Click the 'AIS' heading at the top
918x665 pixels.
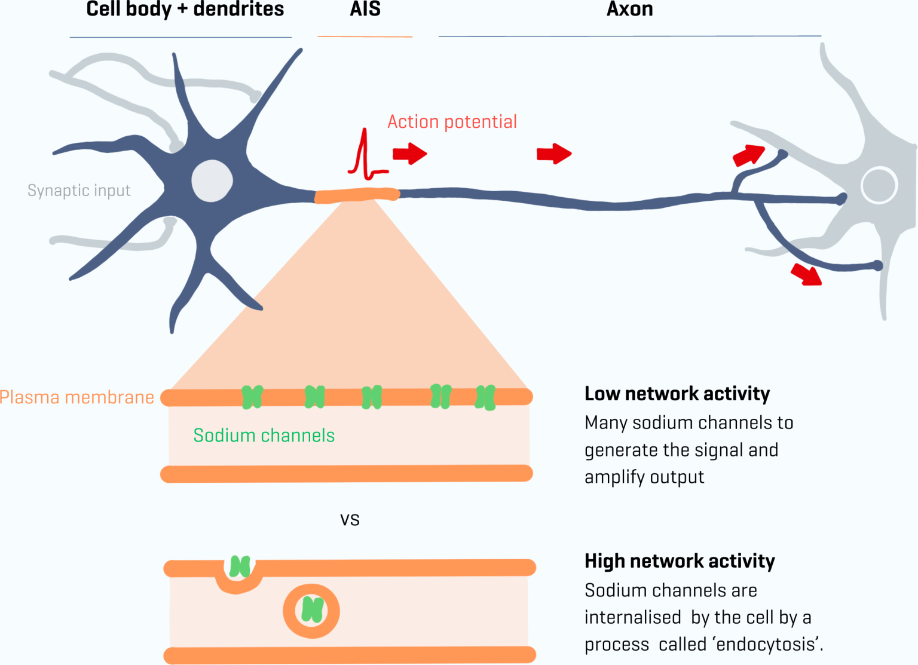pos(365,9)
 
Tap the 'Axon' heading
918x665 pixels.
pos(629,9)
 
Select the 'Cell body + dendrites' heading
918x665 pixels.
pos(185,9)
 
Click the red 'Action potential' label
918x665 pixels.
pos(452,122)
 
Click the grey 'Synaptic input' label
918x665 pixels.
pos(79,191)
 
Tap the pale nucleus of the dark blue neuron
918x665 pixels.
pos(212,180)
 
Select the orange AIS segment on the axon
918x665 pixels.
pos(357,195)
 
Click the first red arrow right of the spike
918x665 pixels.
pos(409,154)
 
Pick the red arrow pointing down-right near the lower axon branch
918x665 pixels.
pos(807,274)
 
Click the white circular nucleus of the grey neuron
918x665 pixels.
pos(879,185)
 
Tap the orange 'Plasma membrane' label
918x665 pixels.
pos(77,397)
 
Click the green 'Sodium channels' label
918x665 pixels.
pos(264,436)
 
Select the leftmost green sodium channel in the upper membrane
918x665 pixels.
pos(252,397)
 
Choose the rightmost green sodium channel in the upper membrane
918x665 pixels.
pos(485,397)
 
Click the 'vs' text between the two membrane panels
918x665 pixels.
pos(350,519)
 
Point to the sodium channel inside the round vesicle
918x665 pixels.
pos(312,610)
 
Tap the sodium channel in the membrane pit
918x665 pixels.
pos(240,566)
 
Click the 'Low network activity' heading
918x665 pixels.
pos(677,394)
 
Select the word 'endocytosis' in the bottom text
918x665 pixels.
pos(767,645)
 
